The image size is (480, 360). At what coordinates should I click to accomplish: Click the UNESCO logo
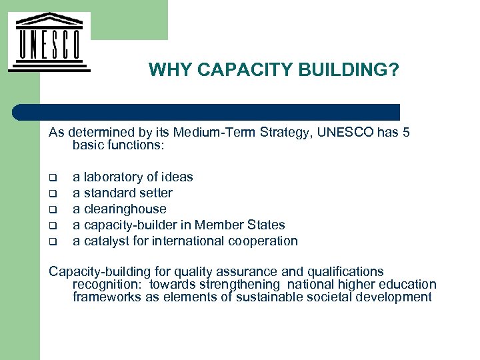[48, 41]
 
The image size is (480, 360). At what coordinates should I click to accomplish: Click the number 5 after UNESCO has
[406, 132]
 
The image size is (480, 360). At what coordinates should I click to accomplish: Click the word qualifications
[343, 271]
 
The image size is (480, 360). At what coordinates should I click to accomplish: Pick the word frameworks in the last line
[106, 297]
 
